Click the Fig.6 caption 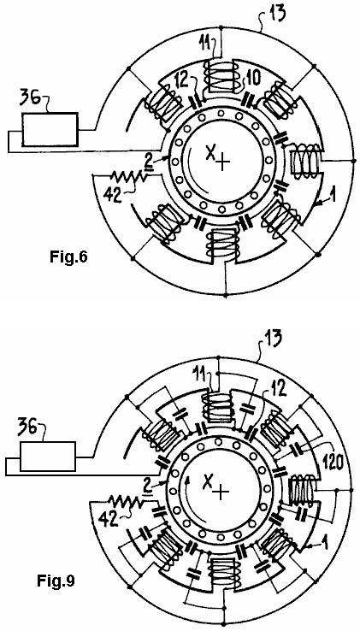pyautogui.click(x=69, y=257)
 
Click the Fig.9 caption pyautogui.click(x=56, y=581)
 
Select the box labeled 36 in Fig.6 pyautogui.click(x=50, y=129)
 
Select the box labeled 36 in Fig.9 pyautogui.click(x=48, y=456)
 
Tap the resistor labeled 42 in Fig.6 pyautogui.click(x=129, y=175)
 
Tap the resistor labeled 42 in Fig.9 pyautogui.click(x=126, y=502)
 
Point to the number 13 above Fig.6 pyautogui.click(x=277, y=12)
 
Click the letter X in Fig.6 pyautogui.click(x=210, y=153)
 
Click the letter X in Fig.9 pyautogui.click(x=208, y=481)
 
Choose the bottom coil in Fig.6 pyautogui.click(x=221, y=245)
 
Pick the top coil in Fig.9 pyautogui.click(x=218, y=407)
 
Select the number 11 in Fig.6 pyautogui.click(x=208, y=41)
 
